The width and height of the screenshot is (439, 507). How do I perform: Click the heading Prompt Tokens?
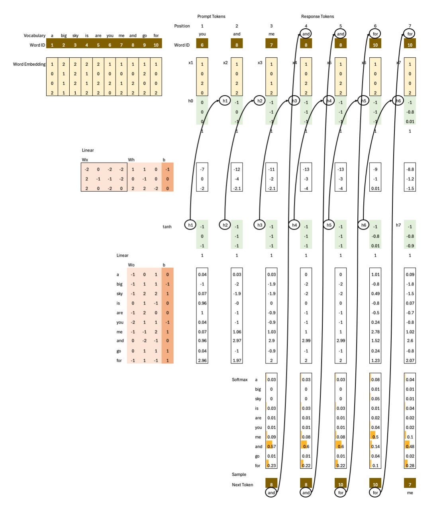coord(211,16)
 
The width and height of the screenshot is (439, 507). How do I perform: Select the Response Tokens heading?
coord(317,16)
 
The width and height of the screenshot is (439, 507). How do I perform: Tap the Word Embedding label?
coord(29,64)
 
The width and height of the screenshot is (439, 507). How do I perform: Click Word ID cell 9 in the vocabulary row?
coord(145,45)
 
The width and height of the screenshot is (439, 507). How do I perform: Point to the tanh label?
coord(167,227)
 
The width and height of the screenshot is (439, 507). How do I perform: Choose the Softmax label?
coord(239,379)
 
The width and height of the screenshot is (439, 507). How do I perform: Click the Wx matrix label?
coord(85,160)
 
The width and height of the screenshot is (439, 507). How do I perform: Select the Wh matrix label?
coord(131,160)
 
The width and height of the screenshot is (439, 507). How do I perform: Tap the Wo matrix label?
coord(131,265)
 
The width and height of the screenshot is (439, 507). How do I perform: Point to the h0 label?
coord(190,101)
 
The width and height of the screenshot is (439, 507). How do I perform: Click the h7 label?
coord(398,225)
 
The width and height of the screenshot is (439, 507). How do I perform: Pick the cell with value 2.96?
coord(202,360)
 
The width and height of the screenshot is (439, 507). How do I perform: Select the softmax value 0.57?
coord(271,446)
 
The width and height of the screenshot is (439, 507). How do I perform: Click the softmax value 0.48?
coord(410,446)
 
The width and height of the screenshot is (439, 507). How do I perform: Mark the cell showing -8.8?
coord(410,169)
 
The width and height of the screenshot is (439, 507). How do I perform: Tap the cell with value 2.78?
coord(375,332)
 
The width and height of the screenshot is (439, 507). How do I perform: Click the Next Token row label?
coord(242,485)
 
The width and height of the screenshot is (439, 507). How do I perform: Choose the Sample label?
coord(239,474)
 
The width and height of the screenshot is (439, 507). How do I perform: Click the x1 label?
coord(191,63)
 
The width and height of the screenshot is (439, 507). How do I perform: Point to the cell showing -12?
coord(237,169)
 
